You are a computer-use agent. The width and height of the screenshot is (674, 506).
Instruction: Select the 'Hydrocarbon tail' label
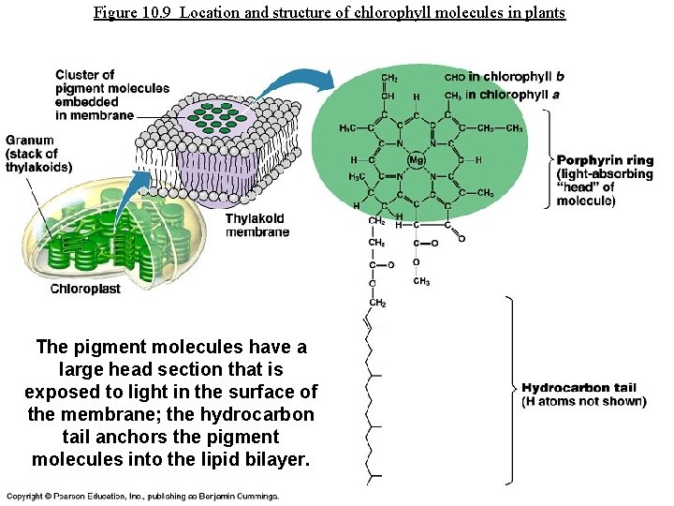pyautogui.click(x=579, y=388)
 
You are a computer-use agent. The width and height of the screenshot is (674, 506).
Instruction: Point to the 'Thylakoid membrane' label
pyautogui.click(x=257, y=225)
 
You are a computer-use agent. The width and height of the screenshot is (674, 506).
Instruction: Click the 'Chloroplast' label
pyautogui.click(x=85, y=289)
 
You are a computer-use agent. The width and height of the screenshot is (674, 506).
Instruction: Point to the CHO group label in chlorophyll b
pyautogui.click(x=455, y=77)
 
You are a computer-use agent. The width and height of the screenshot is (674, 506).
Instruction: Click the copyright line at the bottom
pyautogui.click(x=142, y=496)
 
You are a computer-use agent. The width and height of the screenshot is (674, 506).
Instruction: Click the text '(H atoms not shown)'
pyautogui.click(x=584, y=402)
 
